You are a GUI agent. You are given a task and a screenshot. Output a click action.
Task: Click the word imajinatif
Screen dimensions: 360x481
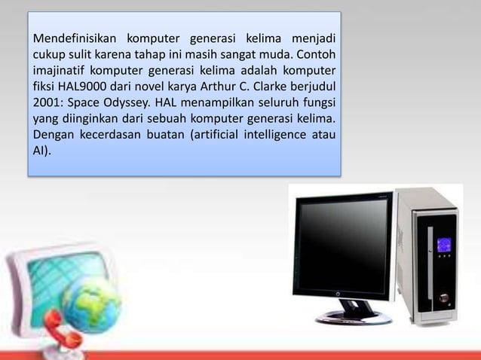click(x=59, y=72)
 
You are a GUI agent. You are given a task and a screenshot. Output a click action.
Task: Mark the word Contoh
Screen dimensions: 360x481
click(x=319, y=55)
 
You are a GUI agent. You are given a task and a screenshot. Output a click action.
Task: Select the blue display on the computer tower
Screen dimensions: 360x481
click(x=443, y=245)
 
